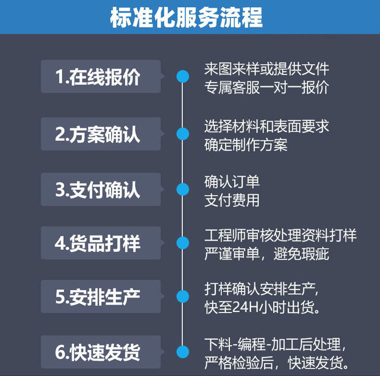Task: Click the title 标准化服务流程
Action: (186, 18)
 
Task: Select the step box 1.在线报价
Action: (101, 77)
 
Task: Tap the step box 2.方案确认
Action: (101, 134)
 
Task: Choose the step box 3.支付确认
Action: (101, 190)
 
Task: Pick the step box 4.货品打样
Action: (101, 243)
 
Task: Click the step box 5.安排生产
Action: (101, 297)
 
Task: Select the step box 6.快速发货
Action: (101, 352)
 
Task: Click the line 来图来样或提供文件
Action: (266, 69)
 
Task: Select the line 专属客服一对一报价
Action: (266, 88)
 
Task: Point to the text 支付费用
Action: (232, 200)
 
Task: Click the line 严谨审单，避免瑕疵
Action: (266, 254)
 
